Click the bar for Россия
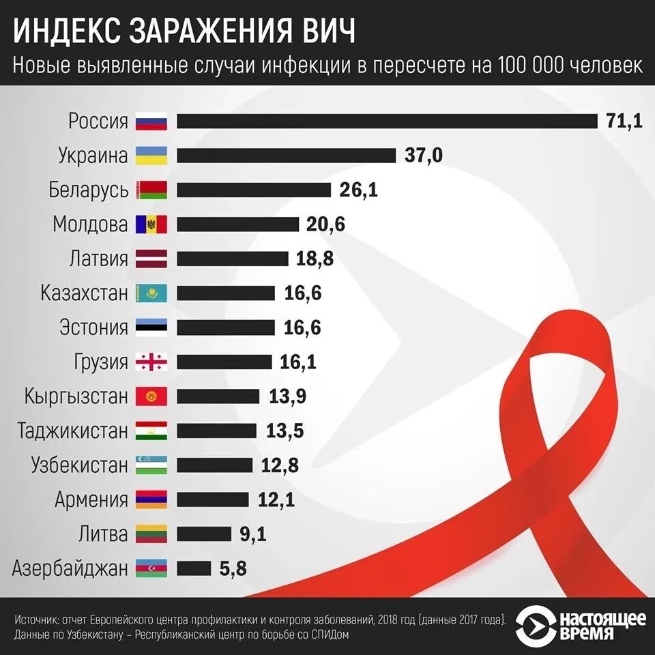click(x=387, y=121)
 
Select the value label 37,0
click(x=423, y=156)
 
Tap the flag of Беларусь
click(x=151, y=190)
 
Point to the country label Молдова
click(x=90, y=224)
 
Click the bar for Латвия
click(x=233, y=259)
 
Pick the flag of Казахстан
click(x=151, y=293)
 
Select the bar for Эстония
click(x=226, y=327)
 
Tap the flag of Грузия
click(x=151, y=362)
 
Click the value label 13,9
click(x=287, y=396)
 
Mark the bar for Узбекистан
click(x=215, y=465)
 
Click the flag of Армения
click(x=151, y=499)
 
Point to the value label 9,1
click(x=252, y=534)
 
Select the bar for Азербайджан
click(x=194, y=568)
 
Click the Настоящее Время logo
click(x=580, y=625)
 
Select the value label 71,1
click(x=624, y=121)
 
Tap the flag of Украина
click(x=151, y=156)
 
